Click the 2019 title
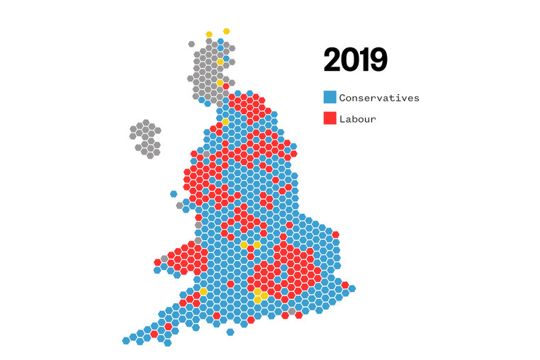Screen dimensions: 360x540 (355, 60)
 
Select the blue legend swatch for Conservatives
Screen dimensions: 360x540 (330, 98)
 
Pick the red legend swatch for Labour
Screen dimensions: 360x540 (330, 119)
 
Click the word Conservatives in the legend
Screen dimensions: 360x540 (379, 98)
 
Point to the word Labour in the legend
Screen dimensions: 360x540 (358, 119)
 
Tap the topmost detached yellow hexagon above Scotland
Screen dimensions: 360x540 (226, 31)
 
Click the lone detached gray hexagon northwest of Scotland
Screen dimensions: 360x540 (191, 44)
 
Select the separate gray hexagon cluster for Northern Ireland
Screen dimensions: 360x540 (145, 138)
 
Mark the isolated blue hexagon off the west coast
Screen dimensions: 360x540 (174, 193)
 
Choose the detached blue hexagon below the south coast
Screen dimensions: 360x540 (230, 332)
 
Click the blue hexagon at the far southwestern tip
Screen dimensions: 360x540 (126, 341)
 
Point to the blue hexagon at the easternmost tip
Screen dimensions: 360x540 (351, 288)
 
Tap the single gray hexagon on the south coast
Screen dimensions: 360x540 (291, 310)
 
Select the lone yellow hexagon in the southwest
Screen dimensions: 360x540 (203, 291)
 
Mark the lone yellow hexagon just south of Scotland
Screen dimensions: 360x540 (225, 122)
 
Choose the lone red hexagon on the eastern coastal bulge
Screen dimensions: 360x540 (335, 235)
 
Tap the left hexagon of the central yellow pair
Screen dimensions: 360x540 (244, 245)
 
